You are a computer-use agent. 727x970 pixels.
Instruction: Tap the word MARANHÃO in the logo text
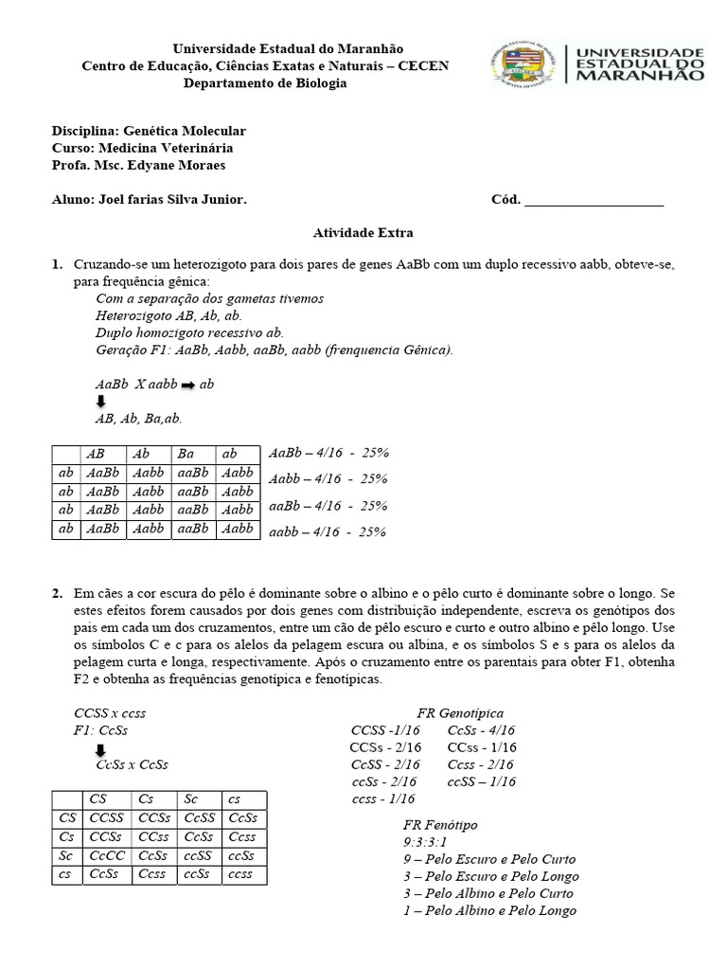[640, 77]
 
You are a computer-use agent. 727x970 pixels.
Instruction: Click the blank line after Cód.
[594, 200]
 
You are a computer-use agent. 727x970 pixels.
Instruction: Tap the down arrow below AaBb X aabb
[101, 402]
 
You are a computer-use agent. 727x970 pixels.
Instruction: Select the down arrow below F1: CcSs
[101, 751]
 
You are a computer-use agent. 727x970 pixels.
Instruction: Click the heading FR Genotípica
[460, 712]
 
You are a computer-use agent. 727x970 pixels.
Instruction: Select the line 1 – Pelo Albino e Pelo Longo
[489, 910]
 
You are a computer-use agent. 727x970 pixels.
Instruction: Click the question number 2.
[57, 593]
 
